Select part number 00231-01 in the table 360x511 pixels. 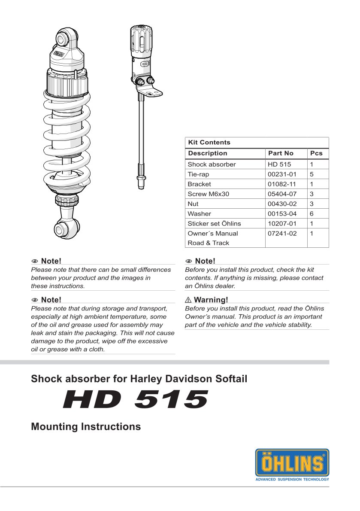point(282,174)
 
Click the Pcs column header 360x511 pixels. point(316,153)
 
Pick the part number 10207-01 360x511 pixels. point(282,224)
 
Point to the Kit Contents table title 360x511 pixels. point(209,143)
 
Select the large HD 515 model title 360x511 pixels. point(136,400)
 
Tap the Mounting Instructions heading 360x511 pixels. point(86,427)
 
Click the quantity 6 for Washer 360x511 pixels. point(312,214)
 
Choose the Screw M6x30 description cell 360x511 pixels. point(208,194)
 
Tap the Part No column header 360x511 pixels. point(281,153)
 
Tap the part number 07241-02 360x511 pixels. point(282,234)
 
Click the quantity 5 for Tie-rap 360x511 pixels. point(312,174)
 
